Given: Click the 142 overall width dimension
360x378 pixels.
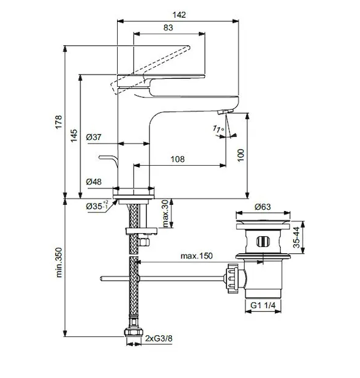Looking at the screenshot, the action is point(179,15).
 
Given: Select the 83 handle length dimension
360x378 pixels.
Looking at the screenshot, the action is point(168,28).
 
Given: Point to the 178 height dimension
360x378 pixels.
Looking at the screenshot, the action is point(59,122).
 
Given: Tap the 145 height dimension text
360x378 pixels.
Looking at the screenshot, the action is point(74,135).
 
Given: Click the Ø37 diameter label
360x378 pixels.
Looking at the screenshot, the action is point(94,137).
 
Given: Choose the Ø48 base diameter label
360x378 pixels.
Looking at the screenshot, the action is point(94,182).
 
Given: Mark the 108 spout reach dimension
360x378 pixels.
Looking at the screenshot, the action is point(177,159).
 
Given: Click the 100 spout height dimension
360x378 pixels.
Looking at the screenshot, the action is point(240,156).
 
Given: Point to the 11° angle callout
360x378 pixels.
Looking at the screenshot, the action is point(218,129).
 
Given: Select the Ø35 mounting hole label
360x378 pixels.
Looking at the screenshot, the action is point(97,207).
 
